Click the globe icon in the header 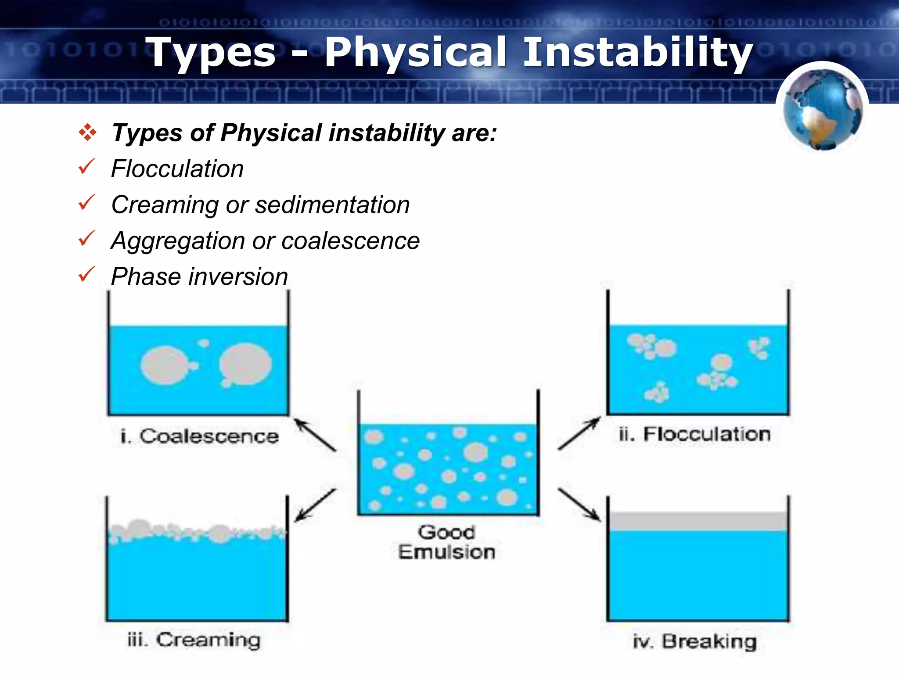(823, 109)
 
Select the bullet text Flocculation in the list (177, 169)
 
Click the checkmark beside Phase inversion (86, 274)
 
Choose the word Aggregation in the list (178, 241)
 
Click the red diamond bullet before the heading (87, 132)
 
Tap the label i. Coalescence (200, 436)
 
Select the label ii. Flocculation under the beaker (695, 434)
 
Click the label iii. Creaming (194, 640)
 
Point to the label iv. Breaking (695, 642)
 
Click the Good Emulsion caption (446, 542)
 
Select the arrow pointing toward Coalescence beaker (314, 434)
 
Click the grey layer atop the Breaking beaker (698, 521)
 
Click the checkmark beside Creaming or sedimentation (86, 202)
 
